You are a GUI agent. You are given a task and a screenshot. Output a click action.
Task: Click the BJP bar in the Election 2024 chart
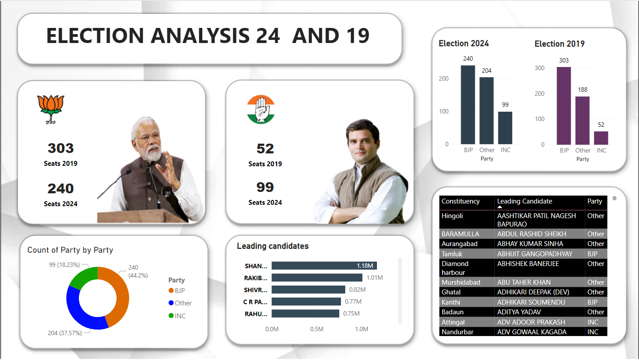468,105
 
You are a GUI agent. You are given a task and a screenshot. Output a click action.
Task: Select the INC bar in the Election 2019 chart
601,138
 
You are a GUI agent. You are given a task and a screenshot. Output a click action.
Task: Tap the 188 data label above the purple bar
583,90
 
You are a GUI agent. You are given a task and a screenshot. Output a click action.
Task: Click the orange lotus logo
51,109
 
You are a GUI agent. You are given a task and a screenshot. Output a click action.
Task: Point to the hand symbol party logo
261,109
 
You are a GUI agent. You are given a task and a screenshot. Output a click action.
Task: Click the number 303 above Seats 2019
60,148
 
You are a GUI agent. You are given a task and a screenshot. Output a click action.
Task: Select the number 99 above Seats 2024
265,187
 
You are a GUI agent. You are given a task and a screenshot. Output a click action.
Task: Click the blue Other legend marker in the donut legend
171,303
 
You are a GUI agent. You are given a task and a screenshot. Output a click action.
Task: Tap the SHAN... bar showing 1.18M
324,266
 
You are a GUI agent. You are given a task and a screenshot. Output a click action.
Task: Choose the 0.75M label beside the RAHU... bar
351,313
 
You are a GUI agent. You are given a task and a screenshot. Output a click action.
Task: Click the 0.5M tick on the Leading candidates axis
317,329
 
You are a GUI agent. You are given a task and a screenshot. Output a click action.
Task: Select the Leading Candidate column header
525,201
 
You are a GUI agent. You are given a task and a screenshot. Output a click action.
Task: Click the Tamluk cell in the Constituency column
452,254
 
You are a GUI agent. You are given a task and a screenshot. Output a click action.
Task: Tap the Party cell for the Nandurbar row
593,332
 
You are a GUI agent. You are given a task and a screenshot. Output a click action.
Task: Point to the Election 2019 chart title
560,43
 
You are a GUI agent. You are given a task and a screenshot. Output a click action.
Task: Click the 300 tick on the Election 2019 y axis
539,68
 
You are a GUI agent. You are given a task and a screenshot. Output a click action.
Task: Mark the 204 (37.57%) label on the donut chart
65,333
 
